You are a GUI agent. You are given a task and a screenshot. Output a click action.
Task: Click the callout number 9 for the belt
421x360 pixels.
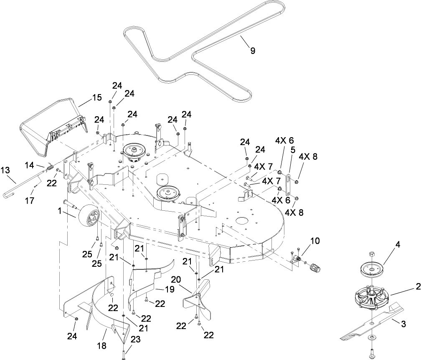[x=252, y=51]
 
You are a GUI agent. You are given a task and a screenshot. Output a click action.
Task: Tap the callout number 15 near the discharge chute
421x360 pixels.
[x=97, y=97]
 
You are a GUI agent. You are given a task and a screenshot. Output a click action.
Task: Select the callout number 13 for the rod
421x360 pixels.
[x=5, y=171]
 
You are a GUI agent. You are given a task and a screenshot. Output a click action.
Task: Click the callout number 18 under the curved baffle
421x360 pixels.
[x=102, y=346]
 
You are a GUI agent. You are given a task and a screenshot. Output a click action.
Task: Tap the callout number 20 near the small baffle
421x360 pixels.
[x=176, y=279]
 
